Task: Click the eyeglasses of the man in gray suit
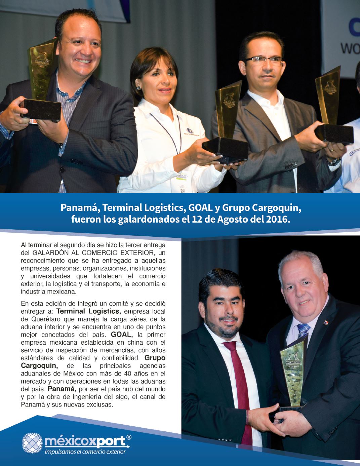pyautogui.click(x=264, y=60)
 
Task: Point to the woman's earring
pyautogui.click(x=138, y=87)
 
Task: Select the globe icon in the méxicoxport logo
pyautogui.click(x=32, y=443)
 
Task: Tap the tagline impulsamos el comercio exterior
pyautogui.click(x=85, y=452)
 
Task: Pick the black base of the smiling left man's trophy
pyautogui.click(x=41, y=108)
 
